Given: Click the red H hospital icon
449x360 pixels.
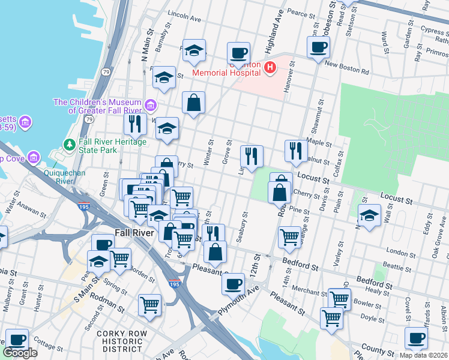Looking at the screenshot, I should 270,68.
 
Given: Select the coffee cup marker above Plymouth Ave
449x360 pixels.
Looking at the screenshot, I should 233,283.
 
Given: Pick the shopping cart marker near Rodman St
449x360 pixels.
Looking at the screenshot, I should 149,304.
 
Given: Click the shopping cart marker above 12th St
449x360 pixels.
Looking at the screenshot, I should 290,237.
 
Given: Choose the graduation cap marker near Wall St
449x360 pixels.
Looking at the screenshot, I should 369,216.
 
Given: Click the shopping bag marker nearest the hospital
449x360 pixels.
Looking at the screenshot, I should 193,103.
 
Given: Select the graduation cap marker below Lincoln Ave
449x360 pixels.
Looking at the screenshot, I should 194,52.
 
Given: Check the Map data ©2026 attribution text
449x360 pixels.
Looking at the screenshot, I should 424,354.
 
